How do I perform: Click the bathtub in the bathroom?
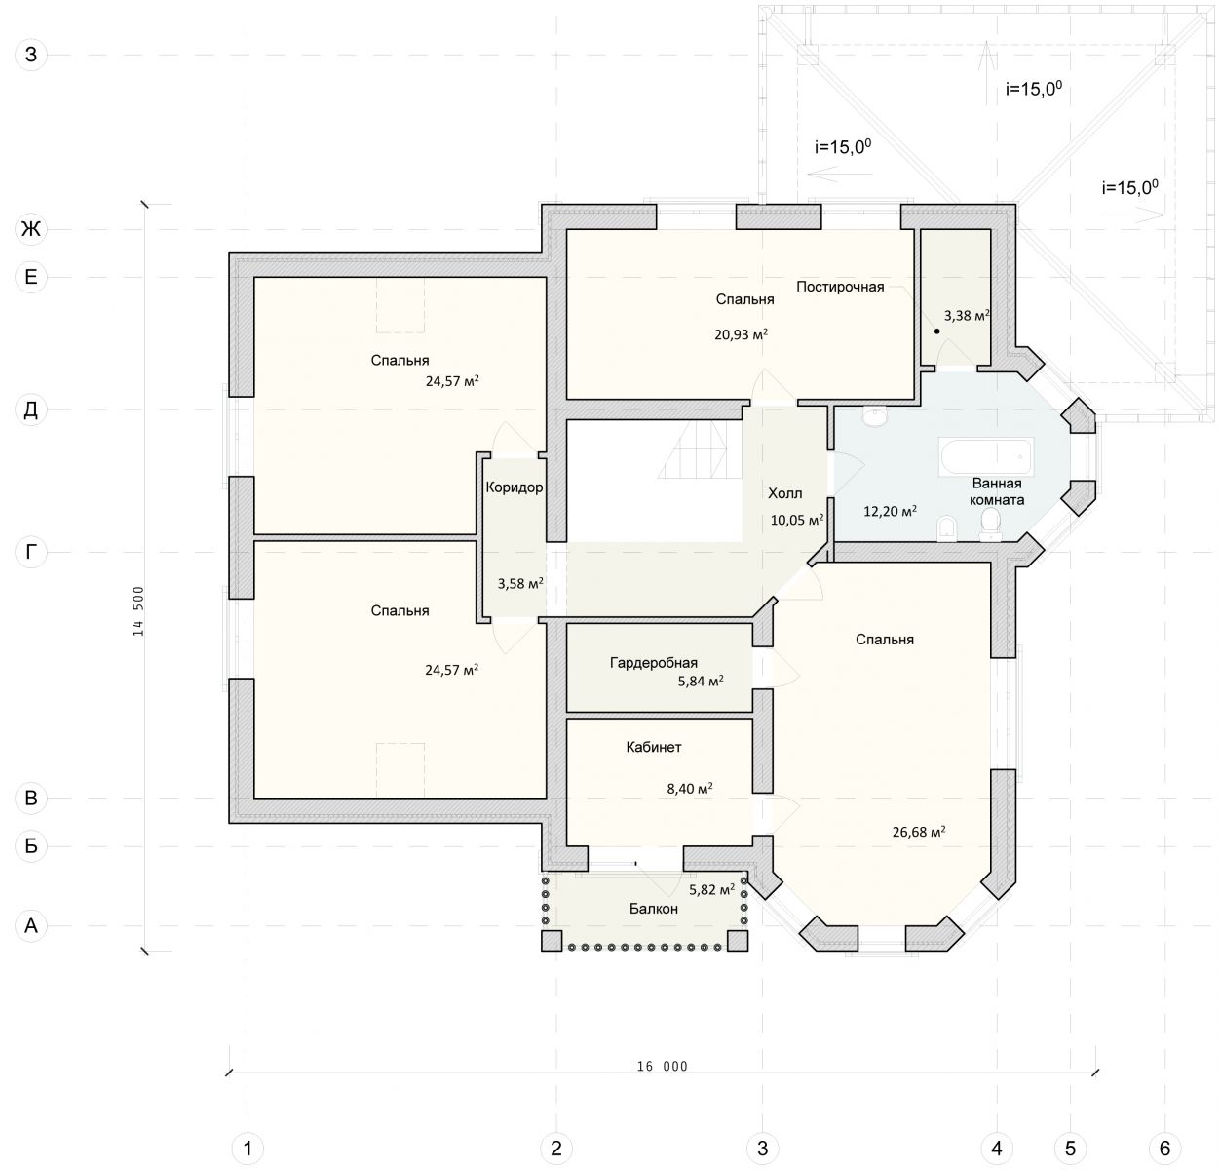point(985,456)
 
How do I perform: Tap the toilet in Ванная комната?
point(991,525)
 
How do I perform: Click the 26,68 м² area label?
point(919,832)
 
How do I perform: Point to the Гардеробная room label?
point(653,662)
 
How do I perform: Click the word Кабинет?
point(653,747)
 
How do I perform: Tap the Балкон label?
point(653,909)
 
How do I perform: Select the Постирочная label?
point(840,287)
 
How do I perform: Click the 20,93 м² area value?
point(741,334)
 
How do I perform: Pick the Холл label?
point(785,493)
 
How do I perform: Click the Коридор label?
point(515,487)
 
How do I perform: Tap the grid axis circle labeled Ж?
point(31,229)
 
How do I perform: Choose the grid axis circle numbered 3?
point(762,1148)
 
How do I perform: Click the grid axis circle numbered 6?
point(1164,1148)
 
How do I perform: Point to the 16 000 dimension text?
point(662,1067)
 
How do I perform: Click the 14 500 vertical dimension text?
point(138,611)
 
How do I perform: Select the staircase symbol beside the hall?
point(699,449)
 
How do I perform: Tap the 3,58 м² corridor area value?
point(520,583)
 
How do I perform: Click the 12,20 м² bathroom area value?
point(890,511)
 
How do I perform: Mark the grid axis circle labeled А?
point(31,925)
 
